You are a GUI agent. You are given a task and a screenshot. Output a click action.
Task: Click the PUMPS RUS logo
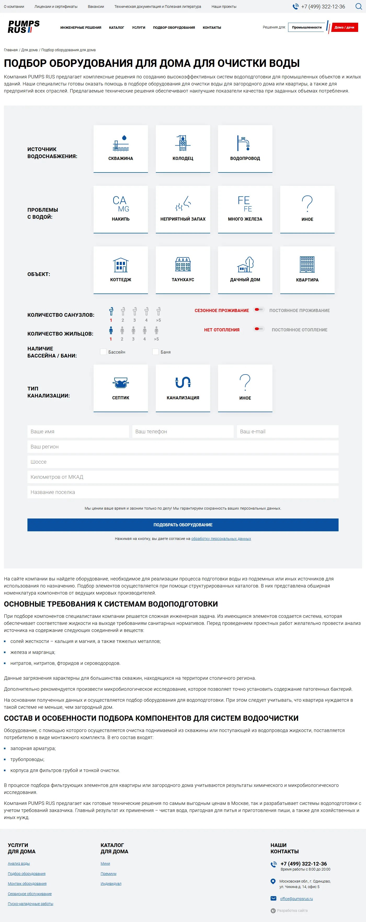click(24, 27)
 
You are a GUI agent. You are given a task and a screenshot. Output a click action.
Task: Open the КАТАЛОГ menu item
click(116, 27)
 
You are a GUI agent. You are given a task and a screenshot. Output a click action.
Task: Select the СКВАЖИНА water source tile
click(121, 148)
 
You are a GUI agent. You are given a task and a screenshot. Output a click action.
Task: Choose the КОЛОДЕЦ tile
click(183, 148)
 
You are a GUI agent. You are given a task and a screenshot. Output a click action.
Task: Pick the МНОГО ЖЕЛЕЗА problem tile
click(245, 209)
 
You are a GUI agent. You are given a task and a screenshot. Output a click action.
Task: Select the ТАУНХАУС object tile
click(183, 270)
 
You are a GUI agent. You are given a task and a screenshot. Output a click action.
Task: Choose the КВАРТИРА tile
click(307, 270)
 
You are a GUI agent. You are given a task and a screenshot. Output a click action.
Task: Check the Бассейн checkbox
click(104, 352)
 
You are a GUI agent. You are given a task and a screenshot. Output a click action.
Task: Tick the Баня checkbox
click(156, 352)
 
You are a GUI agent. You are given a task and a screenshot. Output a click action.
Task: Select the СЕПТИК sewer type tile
click(121, 388)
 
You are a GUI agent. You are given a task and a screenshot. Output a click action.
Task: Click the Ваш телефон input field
click(183, 431)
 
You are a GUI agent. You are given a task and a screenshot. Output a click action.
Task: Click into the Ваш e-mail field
click(287, 431)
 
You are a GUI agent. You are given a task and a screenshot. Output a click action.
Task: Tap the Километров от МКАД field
click(183, 477)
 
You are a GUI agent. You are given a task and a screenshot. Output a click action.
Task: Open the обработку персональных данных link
click(221, 539)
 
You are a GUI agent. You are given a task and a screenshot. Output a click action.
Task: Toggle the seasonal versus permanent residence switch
click(259, 310)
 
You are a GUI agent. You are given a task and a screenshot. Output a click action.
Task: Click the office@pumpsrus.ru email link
click(296, 899)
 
